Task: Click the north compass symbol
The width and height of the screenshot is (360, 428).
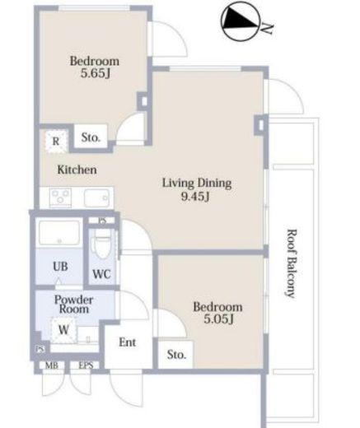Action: (241, 21)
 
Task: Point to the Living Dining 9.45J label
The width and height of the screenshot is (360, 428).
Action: (197, 189)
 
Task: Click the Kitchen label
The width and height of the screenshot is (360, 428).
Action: (77, 170)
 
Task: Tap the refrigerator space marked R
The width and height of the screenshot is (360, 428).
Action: (56, 142)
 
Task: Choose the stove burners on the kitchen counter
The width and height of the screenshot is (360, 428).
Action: (60, 197)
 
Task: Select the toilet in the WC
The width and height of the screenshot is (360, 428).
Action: (102, 244)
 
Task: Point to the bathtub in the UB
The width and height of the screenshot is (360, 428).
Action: (59, 233)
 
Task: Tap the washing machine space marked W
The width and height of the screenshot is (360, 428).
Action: (63, 330)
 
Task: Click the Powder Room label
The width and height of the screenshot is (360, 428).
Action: (73, 305)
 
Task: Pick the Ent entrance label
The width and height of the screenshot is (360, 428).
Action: (128, 342)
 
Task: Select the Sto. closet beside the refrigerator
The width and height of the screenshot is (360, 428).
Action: (91, 137)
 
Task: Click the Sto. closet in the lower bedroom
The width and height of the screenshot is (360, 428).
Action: (176, 355)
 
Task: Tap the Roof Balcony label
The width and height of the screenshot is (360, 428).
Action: (291, 263)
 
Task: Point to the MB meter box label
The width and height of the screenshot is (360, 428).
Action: (52, 365)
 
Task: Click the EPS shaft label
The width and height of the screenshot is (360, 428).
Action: (86, 365)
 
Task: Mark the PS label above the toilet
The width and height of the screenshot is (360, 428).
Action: (102, 221)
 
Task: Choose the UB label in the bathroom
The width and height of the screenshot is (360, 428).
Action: (60, 266)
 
